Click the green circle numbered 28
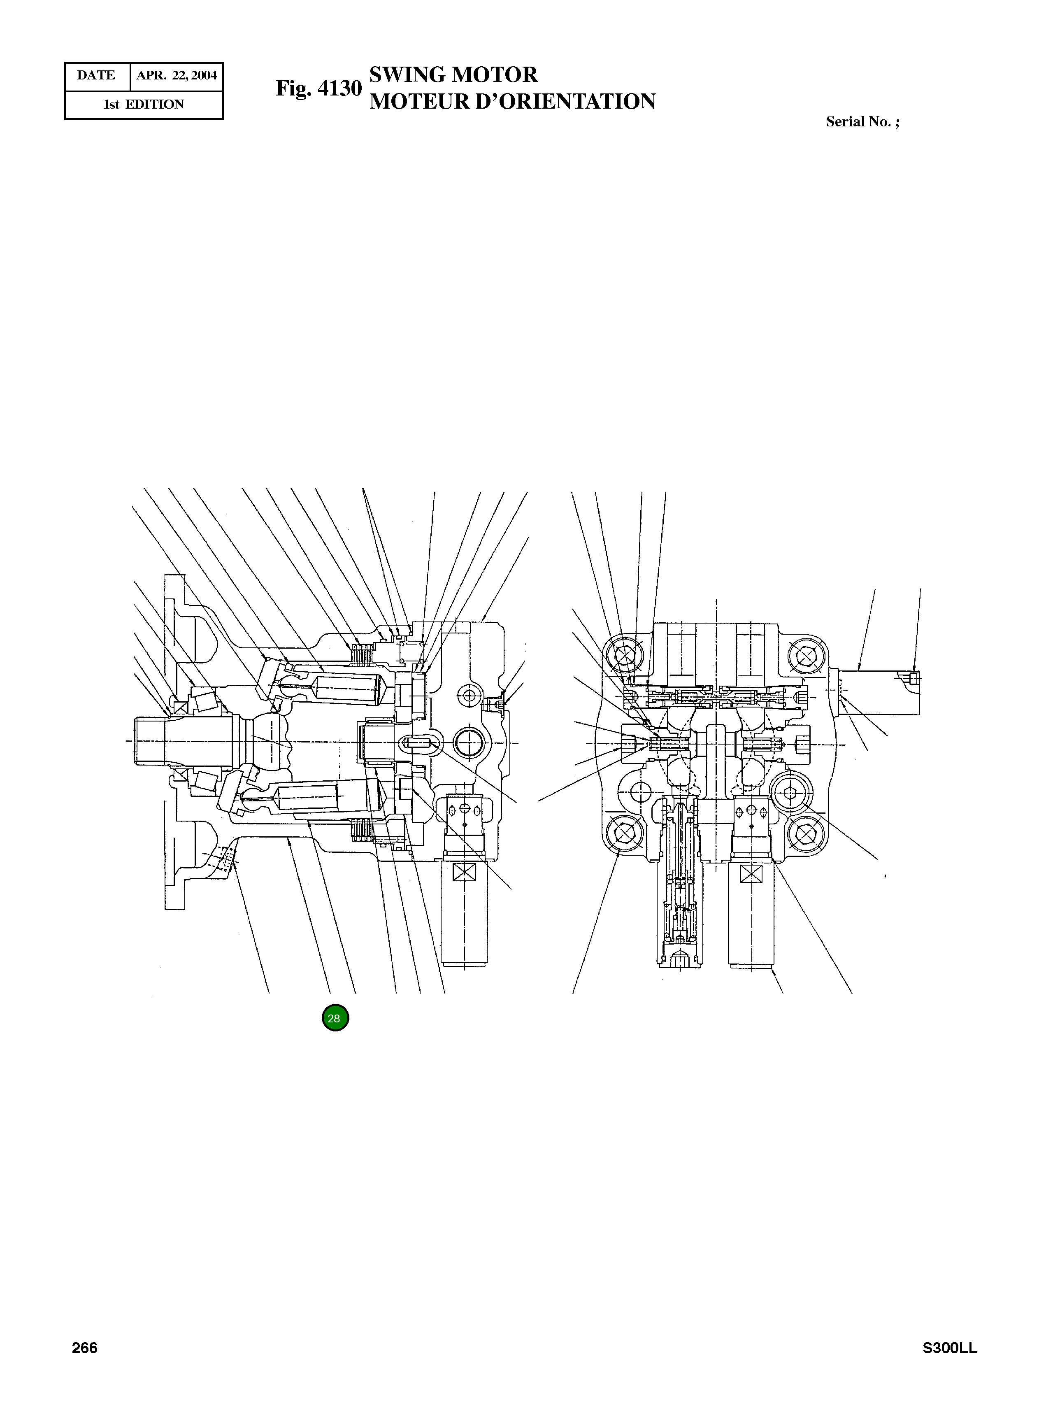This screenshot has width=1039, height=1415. pos(335,1018)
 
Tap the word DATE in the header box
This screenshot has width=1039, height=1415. pos(96,75)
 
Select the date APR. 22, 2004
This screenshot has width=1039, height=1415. pos(176,75)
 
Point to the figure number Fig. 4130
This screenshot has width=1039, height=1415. pos(319,88)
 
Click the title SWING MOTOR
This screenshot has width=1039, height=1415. pos(453,75)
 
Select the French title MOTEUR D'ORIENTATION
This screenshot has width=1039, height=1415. pos(512,101)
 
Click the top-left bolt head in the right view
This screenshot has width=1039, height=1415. pos(625,656)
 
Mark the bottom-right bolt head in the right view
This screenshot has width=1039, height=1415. pos(806,834)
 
